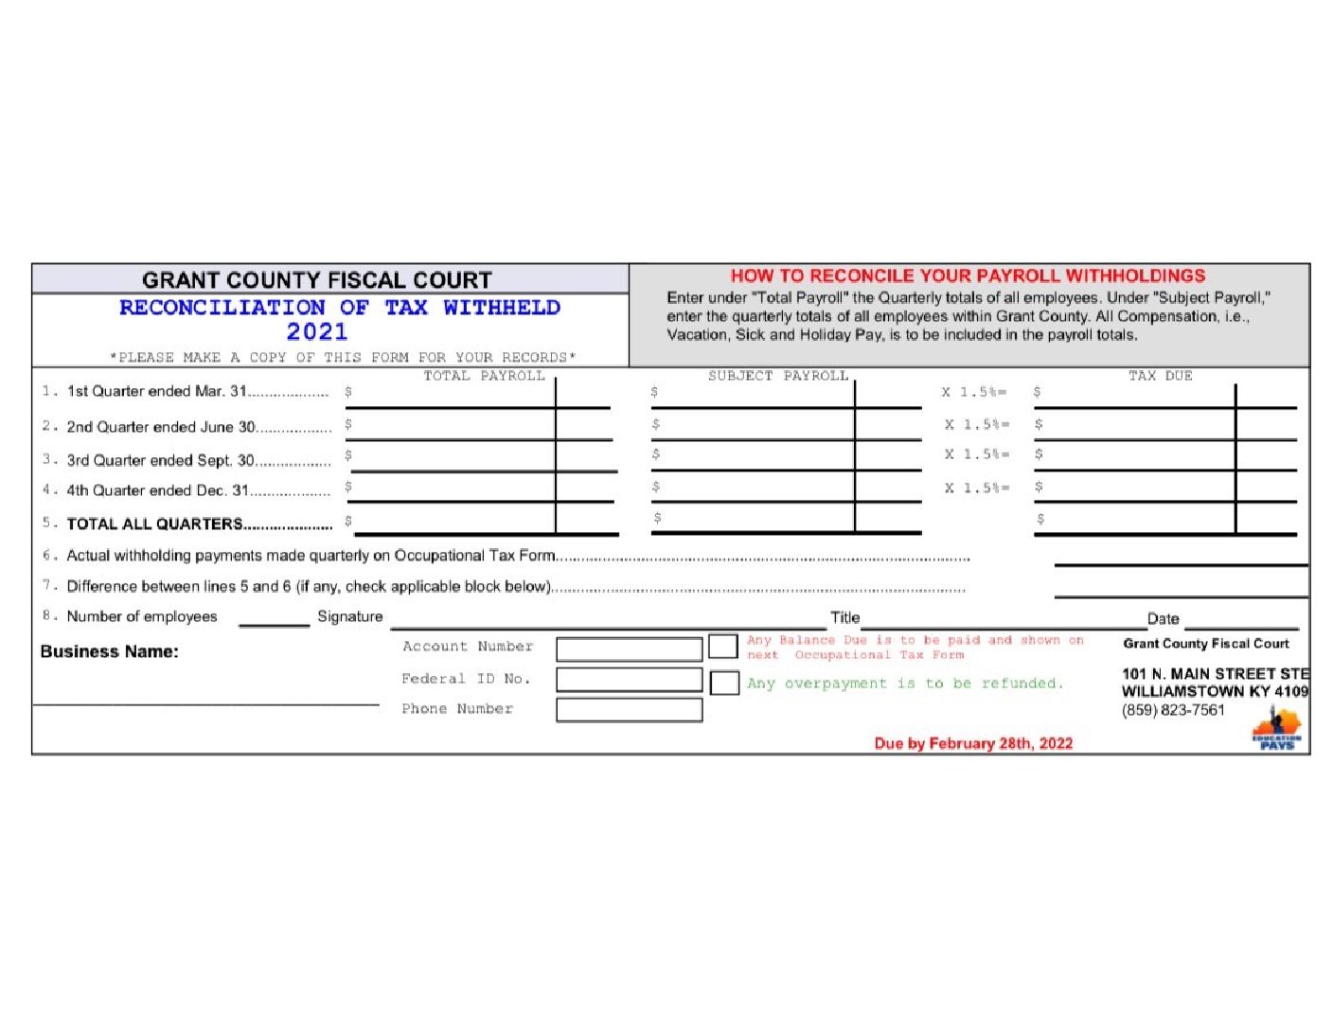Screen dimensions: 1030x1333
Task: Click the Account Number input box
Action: coord(629,648)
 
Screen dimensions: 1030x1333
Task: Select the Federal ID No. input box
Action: coord(629,680)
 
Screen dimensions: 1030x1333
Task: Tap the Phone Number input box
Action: coord(629,710)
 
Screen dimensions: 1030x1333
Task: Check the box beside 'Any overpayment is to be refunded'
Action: coord(724,683)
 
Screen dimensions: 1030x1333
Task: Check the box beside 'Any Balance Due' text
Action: coord(722,647)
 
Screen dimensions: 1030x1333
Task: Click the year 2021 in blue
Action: coord(317,332)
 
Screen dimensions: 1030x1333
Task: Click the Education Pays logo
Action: coord(1276,731)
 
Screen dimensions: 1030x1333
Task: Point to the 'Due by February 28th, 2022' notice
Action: coord(973,743)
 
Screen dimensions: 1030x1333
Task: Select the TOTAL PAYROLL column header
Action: coord(484,376)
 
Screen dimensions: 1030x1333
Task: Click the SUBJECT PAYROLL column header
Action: coord(778,376)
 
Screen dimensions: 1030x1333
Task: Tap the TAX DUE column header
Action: coord(1160,376)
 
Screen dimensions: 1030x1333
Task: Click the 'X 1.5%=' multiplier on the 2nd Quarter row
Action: coord(977,425)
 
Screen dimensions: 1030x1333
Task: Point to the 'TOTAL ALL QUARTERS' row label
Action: coord(154,524)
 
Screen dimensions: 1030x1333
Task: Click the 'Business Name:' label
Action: coord(109,651)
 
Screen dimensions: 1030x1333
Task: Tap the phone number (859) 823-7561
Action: coord(1173,710)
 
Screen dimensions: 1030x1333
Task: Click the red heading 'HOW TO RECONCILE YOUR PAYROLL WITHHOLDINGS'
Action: coord(968,276)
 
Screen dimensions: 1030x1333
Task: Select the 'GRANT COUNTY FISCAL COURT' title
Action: coord(317,280)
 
